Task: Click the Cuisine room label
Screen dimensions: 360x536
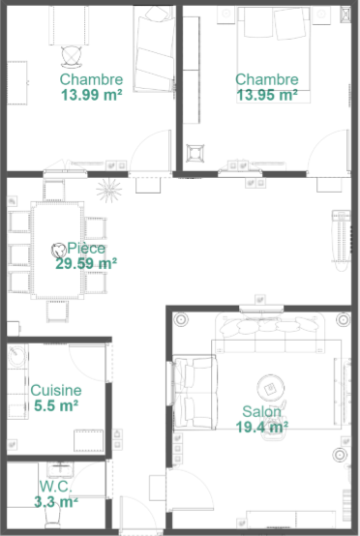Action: (56, 390)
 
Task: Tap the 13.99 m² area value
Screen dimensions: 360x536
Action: (92, 95)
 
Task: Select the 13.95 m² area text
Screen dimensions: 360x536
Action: (267, 95)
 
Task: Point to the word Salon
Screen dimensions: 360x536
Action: (262, 411)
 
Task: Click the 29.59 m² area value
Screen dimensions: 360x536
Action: (86, 263)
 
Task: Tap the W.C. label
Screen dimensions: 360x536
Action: (56, 487)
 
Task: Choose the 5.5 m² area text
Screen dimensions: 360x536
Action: (56, 405)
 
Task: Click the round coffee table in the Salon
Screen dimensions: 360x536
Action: (270, 388)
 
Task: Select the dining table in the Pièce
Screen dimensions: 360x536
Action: (57, 251)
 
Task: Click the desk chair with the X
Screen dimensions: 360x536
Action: (72, 56)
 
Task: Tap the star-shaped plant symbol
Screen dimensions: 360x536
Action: (108, 191)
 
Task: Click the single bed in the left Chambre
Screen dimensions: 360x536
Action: (155, 48)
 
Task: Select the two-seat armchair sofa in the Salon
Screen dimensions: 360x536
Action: (195, 392)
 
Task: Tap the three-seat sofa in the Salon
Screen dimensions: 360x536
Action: (270, 333)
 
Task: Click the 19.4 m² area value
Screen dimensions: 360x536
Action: (262, 427)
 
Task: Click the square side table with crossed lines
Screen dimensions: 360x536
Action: (195, 154)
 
